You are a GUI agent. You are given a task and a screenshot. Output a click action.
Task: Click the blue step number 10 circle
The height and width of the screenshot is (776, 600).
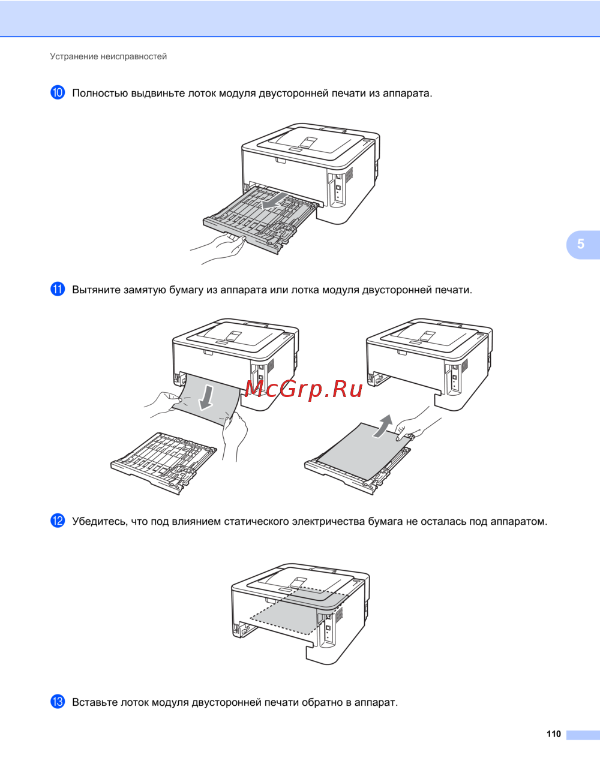58,92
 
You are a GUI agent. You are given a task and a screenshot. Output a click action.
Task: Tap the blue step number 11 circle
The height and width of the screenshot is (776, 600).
58,289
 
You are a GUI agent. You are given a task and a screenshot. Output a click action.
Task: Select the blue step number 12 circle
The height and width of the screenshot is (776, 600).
58,521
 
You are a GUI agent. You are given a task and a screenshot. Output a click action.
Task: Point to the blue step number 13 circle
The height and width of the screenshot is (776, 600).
58,702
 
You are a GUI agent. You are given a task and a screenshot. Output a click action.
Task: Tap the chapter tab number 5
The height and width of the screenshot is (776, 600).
581,244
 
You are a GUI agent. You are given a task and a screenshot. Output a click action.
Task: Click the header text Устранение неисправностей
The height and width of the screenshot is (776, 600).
108,56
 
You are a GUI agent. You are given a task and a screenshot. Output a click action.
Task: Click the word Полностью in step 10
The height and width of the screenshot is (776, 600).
100,93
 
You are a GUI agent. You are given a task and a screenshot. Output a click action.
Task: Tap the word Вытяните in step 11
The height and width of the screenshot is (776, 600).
97,290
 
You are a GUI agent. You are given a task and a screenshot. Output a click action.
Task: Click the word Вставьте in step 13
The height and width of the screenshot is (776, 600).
95,702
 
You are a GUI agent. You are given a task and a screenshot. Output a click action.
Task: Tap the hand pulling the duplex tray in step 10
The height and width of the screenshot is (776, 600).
218,248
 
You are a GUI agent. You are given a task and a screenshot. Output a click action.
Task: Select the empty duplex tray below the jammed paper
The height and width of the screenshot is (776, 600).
164,464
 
